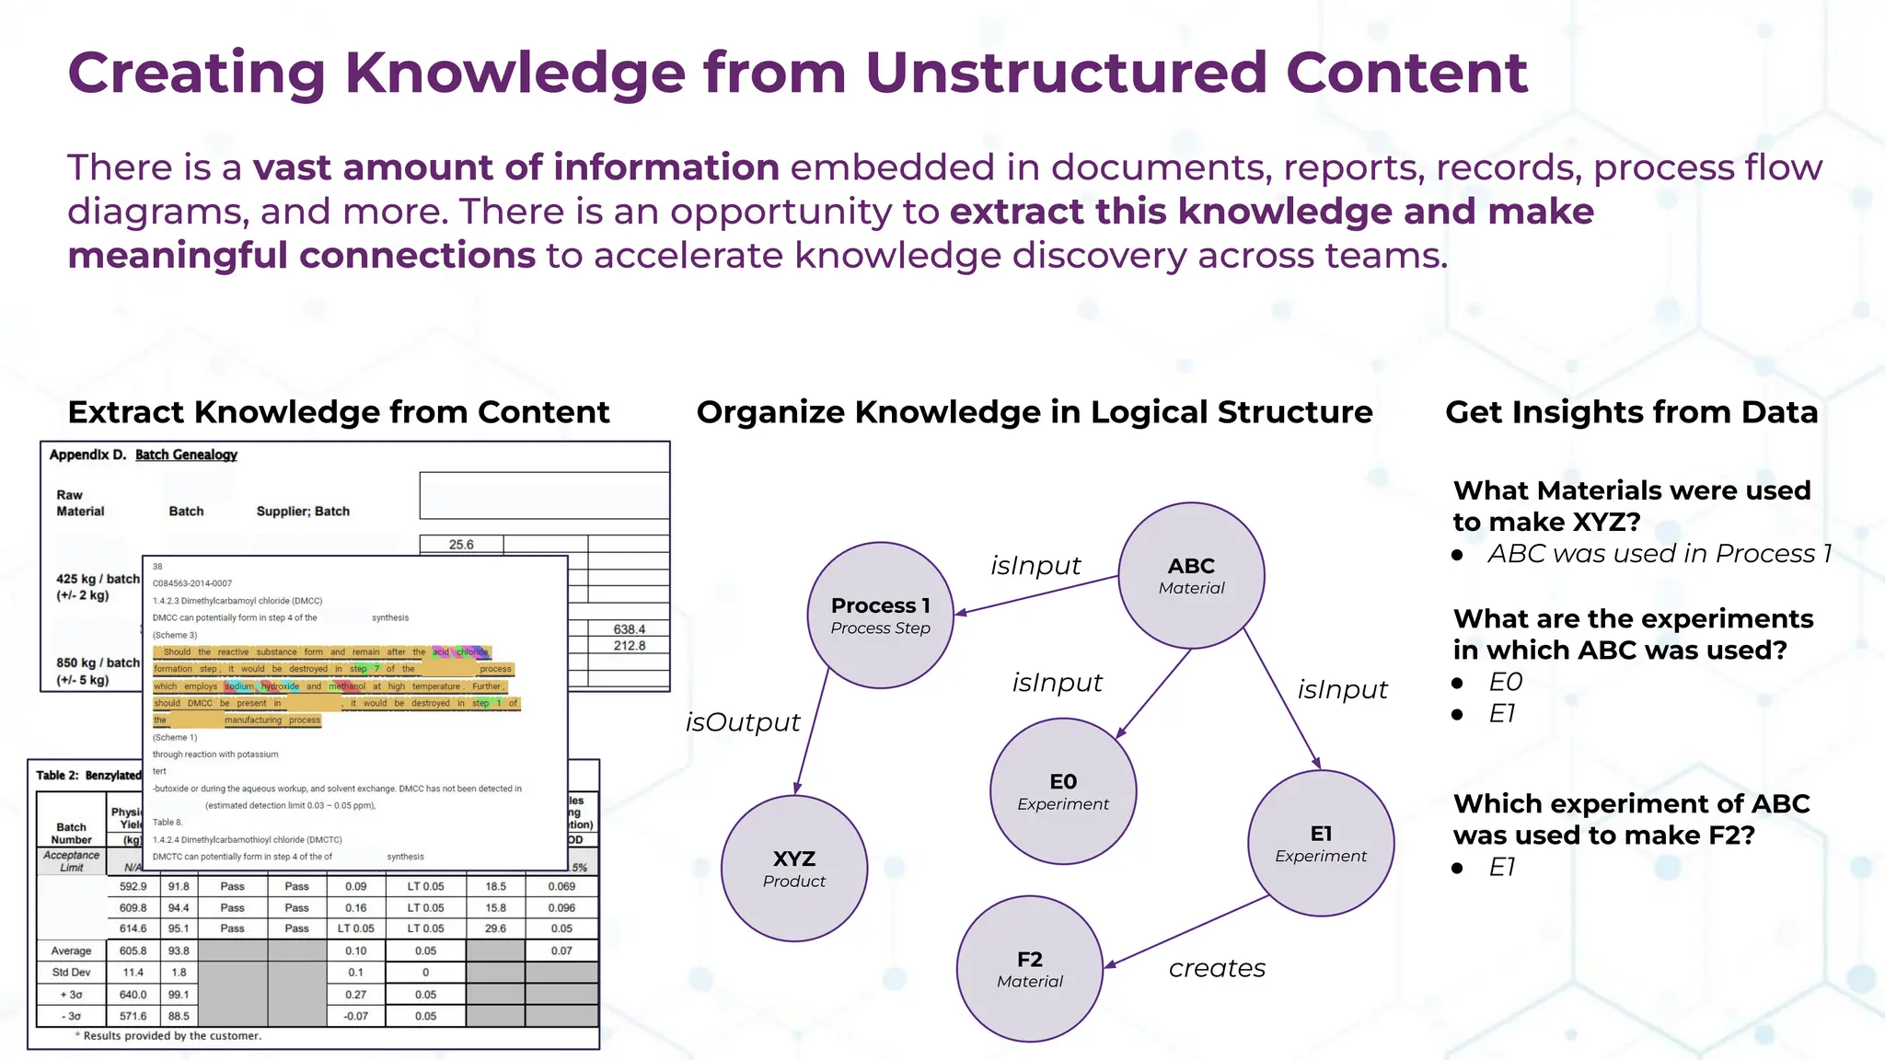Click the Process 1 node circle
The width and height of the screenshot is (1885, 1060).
880,616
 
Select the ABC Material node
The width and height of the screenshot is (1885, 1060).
1191,575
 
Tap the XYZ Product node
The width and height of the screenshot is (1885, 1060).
793,869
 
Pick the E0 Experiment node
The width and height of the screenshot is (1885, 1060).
1063,791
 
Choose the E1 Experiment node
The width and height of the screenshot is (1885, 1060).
1320,843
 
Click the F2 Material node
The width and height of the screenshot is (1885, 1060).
1029,969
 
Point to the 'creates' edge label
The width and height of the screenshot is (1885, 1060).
1217,968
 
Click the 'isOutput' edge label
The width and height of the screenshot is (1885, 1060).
743,722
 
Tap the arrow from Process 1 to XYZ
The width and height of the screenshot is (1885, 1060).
812,732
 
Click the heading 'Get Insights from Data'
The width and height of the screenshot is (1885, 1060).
1631,412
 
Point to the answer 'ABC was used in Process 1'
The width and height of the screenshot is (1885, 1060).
1659,554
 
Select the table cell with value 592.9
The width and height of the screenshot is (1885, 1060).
133,887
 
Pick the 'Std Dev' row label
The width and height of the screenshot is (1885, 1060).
71,973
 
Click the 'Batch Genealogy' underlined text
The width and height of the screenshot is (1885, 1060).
186,455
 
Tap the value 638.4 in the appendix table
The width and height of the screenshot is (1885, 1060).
629,629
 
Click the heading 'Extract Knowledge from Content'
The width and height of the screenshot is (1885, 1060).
339,412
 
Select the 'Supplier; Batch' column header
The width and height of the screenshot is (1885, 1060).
303,512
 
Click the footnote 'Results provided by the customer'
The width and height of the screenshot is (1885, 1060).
171,1036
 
